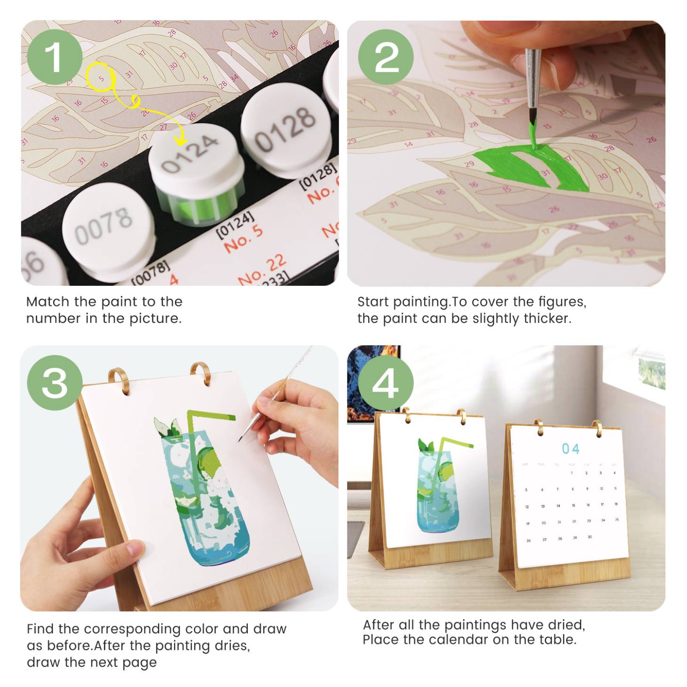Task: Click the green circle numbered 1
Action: click(55, 57)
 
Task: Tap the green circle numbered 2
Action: click(386, 57)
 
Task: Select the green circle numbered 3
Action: click(55, 383)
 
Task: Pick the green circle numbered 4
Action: click(386, 383)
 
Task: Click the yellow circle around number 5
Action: click(101, 78)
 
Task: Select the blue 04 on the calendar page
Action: click(570, 449)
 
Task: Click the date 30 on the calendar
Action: click(590, 537)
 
